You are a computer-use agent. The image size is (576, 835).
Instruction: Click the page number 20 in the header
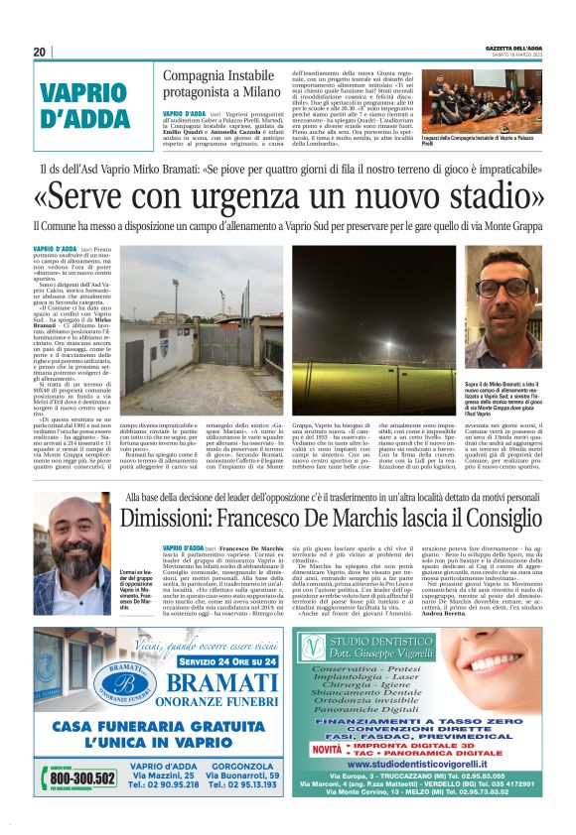tap(40, 53)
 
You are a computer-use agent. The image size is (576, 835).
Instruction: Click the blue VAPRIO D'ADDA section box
tap(91, 106)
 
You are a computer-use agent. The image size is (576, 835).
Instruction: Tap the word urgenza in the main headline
tap(251, 194)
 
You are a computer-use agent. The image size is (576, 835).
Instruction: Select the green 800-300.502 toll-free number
tap(67, 780)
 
